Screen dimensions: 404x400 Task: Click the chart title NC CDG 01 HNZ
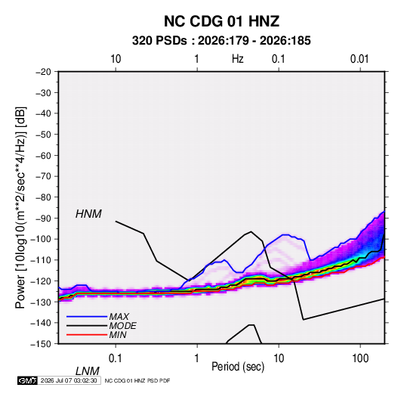coord(221,21)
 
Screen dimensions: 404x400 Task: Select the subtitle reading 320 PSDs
coord(159,41)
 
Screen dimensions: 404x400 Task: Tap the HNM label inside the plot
coord(88,214)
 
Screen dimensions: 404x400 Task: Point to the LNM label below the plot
coord(88,371)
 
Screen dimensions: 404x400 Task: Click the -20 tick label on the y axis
coord(43,72)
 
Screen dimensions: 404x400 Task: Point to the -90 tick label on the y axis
coord(43,218)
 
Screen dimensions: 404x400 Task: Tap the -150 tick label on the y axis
coord(41,344)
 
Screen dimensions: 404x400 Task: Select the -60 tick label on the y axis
coord(43,155)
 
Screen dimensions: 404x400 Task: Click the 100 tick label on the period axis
coord(360,358)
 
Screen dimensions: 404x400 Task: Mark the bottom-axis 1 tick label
coord(197,358)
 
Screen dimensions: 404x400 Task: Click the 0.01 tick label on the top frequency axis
coord(359,59)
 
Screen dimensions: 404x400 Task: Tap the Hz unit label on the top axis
coord(238,59)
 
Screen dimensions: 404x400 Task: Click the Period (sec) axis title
coord(238,367)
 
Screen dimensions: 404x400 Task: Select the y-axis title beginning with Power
coord(20,208)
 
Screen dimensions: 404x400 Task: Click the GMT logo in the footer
coord(28,380)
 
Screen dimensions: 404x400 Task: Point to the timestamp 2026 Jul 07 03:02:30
coord(69,380)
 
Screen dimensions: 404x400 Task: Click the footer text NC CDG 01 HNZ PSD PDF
coord(137,380)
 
